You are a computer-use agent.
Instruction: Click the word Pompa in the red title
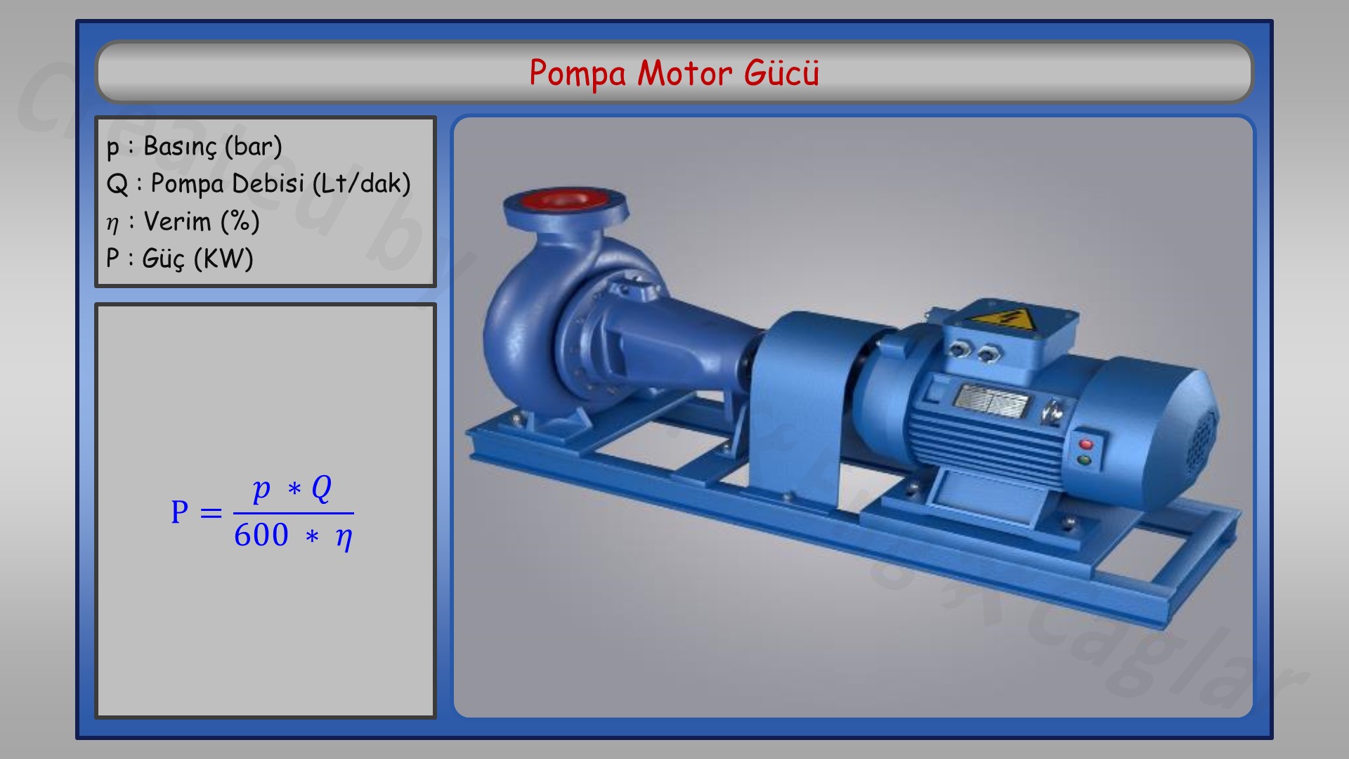coord(577,73)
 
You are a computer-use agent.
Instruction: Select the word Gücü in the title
coord(781,73)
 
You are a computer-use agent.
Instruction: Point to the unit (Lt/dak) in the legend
coord(361,183)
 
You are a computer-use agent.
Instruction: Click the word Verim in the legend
coord(177,221)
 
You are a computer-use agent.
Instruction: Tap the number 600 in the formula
coord(261,536)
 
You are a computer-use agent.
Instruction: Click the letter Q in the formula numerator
coord(321,488)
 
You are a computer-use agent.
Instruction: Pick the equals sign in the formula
coord(211,513)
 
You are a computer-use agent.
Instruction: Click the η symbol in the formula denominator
coord(344,537)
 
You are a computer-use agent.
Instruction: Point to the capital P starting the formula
coord(180,512)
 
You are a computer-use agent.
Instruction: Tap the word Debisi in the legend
coord(267,183)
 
